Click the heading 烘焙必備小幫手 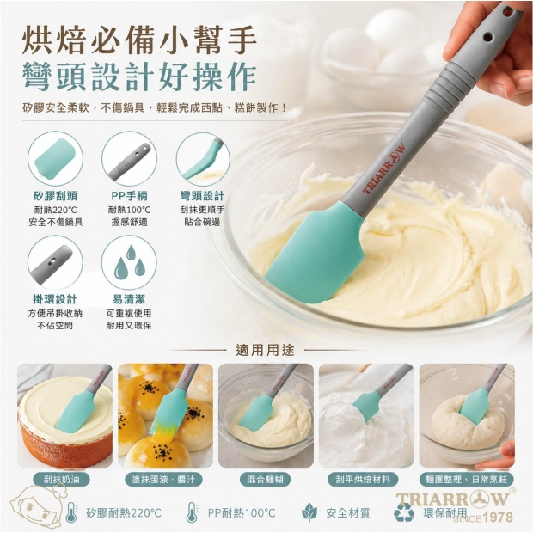click(139, 41)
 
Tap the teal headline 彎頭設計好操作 click(139, 77)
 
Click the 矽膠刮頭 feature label click(55, 196)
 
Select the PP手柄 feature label click(129, 196)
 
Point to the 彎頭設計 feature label click(203, 196)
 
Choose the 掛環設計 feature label click(55, 299)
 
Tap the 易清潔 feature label click(129, 299)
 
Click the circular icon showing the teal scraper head click(55, 159)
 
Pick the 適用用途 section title click(265, 350)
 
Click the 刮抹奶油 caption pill click(62, 480)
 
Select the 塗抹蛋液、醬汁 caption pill click(163, 480)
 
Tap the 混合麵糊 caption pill click(266, 480)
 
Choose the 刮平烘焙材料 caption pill click(363, 480)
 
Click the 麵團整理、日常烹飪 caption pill click(467, 480)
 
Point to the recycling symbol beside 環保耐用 click(404, 512)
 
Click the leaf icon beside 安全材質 click(309, 512)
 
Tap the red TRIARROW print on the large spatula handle click(384, 168)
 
